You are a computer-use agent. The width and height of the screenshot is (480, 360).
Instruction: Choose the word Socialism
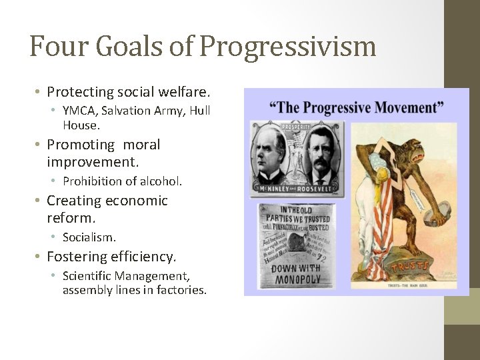coord(89,237)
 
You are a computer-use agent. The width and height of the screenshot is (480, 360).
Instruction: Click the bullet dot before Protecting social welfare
coord(39,91)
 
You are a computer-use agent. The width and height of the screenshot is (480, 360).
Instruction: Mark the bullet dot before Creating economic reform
coord(39,201)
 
